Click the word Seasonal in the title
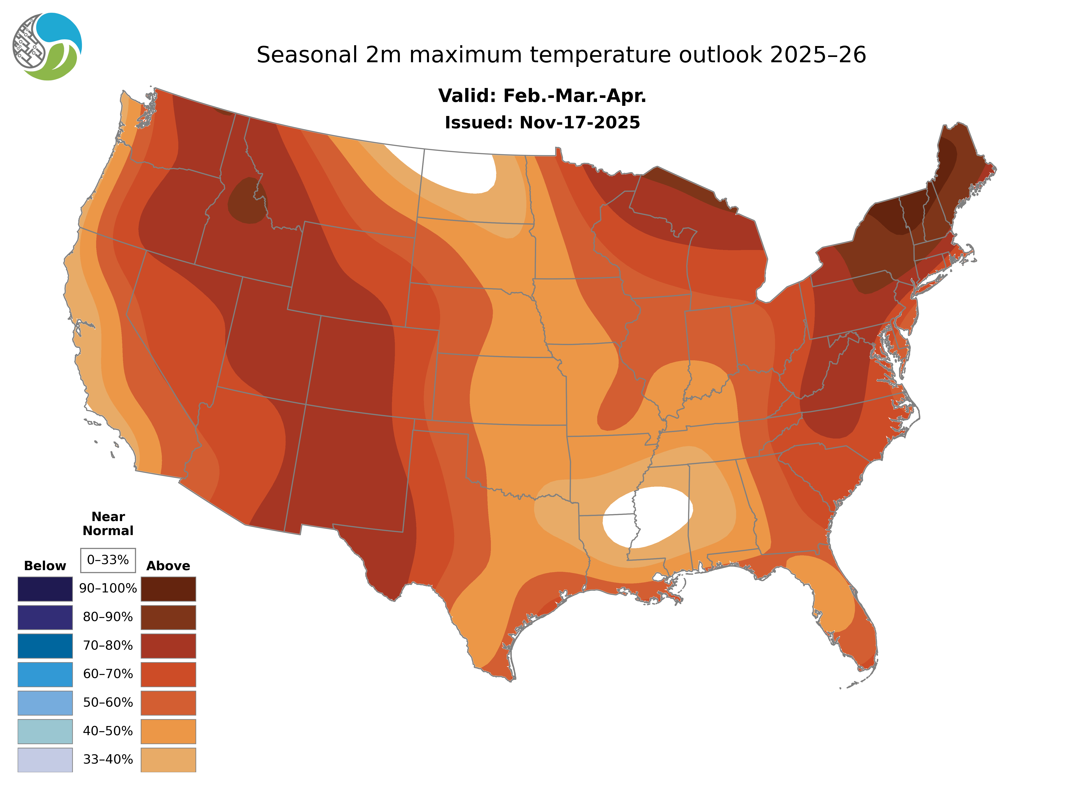pos(307,55)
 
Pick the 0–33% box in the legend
pos(108,560)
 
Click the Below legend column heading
pos(45,566)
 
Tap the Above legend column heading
pos(168,566)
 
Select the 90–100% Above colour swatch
pos(168,589)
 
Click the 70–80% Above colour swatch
pos(168,646)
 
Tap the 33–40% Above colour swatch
pos(168,759)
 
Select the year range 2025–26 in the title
pos(818,55)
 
